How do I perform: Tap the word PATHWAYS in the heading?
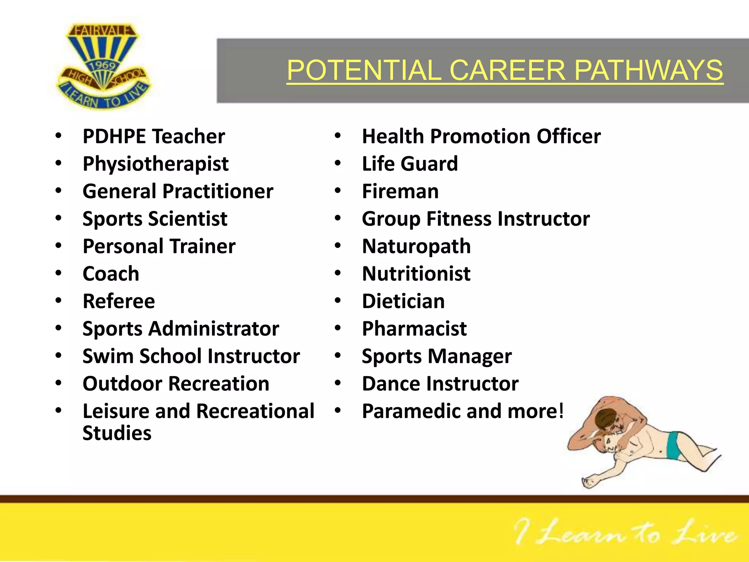click(649, 70)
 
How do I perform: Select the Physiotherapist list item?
click(155, 164)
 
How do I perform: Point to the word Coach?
click(111, 274)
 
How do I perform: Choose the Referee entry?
click(119, 301)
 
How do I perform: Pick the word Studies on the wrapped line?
click(117, 433)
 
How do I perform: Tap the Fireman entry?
click(400, 191)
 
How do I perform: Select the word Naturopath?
click(416, 246)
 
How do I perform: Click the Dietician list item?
click(403, 301)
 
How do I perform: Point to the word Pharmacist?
click(414, 329)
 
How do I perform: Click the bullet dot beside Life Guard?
click(338, 163)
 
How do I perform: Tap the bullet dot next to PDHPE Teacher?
click(59, 136)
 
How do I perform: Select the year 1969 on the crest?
click(103, 66)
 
